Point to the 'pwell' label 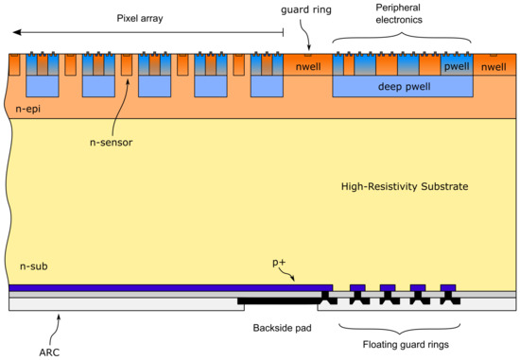pos(457,68)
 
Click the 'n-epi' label pos(34,111)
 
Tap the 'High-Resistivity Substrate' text pos(404,187)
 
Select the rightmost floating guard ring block pos(447,287)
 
